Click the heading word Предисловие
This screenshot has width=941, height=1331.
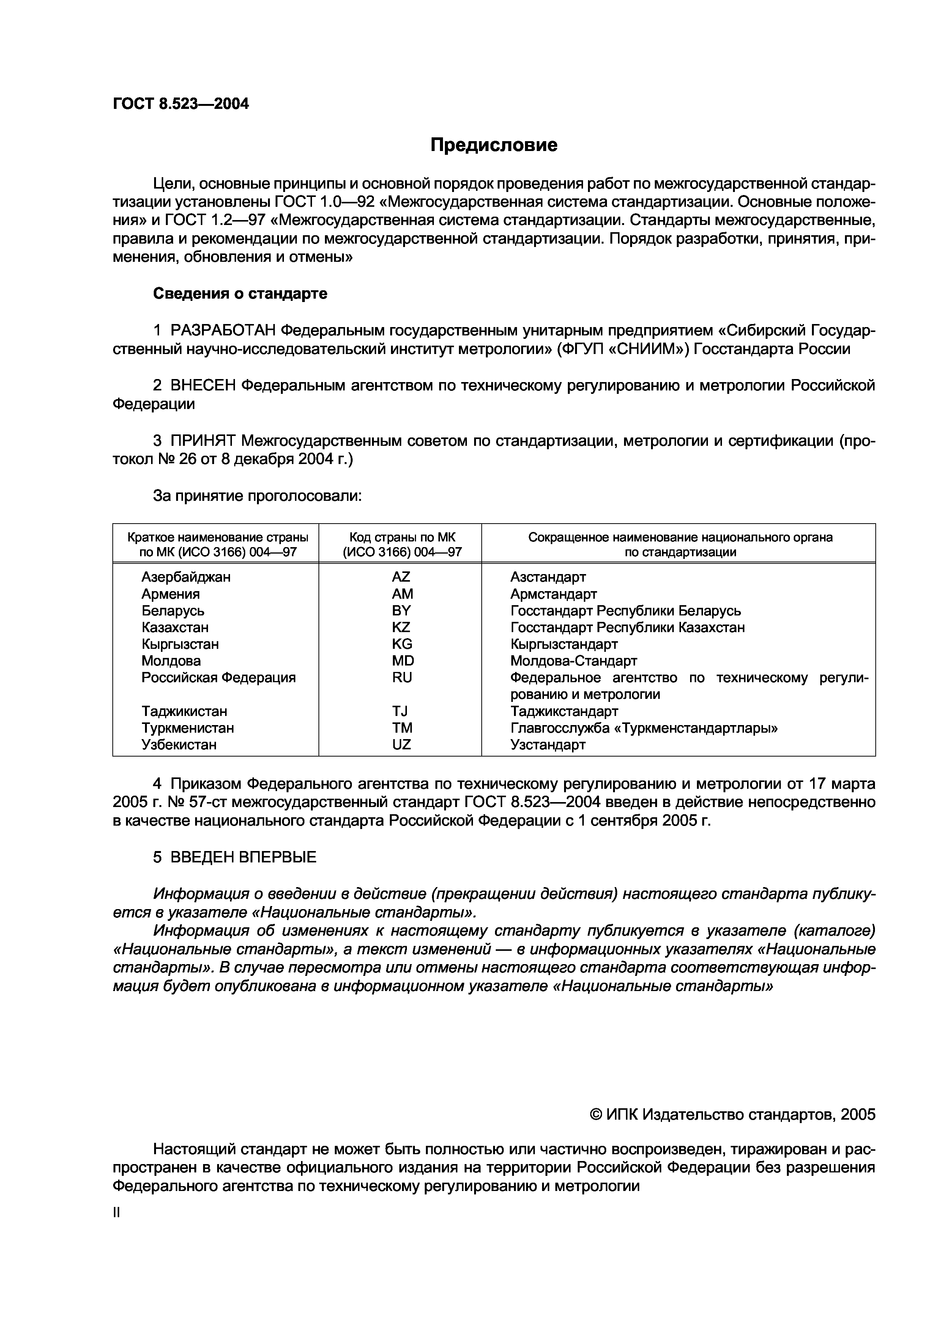click(x=493, y=145)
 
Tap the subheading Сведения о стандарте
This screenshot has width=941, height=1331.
click(x=240, y=294)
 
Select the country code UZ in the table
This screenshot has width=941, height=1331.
click(x=401, y=745)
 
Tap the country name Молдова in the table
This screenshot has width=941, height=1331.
click(x=171, y=661)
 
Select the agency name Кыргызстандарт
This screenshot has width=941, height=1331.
click(x=564, y=644)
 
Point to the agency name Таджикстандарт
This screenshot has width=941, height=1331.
click(x=564, y=711)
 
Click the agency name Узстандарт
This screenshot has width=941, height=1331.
click(x=548, y=745)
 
